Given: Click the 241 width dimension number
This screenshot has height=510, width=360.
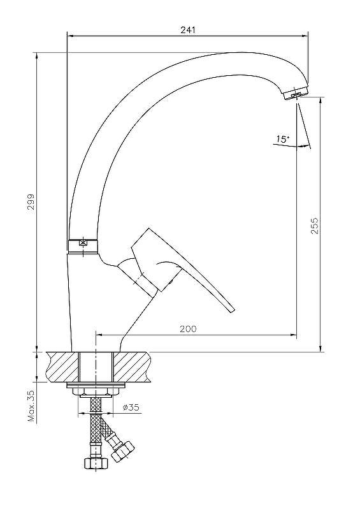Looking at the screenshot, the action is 188,29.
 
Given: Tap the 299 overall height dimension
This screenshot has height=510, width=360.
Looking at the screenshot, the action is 31,202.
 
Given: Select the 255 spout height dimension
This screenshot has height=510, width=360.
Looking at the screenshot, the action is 315,226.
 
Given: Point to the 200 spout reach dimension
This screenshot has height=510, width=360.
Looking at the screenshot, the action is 189,329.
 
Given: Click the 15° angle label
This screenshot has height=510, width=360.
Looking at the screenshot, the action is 283,140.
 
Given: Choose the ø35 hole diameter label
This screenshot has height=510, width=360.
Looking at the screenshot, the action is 131,407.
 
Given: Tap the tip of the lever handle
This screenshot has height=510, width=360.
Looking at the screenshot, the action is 232,310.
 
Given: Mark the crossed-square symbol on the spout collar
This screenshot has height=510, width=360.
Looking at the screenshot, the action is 83,243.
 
